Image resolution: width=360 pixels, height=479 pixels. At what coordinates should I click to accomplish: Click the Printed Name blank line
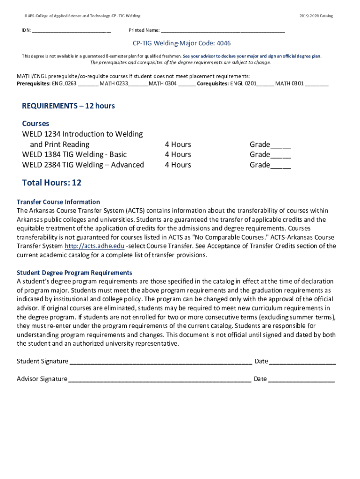click(x=223, y=32)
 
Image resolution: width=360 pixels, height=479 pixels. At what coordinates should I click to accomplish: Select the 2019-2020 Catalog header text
click(x=316, y=16)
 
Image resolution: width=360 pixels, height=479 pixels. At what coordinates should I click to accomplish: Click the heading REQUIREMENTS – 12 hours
click(x=68, y=106)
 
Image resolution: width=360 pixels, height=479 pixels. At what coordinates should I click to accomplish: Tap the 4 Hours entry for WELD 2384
click(x=178, y=165)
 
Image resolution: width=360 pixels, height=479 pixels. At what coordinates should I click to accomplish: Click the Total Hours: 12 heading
click(x=51, y=182)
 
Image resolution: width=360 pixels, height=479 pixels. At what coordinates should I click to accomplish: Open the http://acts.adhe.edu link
click(x=94, y=246)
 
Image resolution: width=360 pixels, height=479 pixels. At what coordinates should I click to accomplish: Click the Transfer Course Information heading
click(x=58, y=202)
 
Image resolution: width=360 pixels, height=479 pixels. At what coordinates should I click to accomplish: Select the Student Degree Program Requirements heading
click(x=74, y=273)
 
